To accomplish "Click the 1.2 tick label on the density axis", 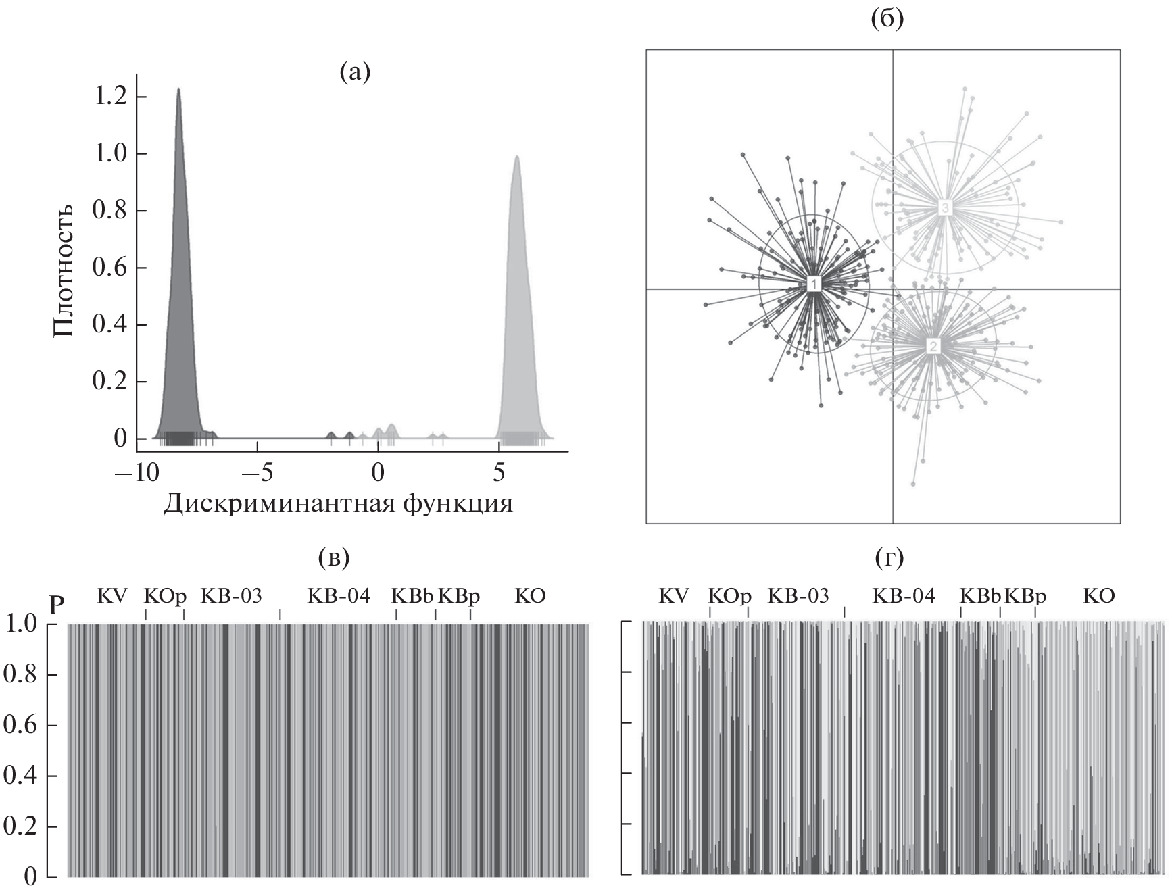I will tap(109, 97).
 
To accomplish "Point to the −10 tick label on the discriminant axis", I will tap(136, 472).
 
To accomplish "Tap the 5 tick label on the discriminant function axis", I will tap(499, 472).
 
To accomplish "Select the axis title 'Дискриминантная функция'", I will tap(338, 503).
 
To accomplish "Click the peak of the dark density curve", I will tap(178, 89).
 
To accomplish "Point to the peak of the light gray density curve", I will tap(517, 157).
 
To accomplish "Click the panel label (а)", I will tap(355, 71).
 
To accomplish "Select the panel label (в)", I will tap(333, 557).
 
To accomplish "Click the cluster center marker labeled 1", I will tap(814, 284).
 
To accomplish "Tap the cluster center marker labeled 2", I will tap(933, 347).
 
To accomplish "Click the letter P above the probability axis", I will tap(57, 606).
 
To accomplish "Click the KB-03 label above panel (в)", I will tap(231, 596).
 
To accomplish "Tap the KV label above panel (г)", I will tap(674, 596).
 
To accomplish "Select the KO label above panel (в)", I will tap(530, 596).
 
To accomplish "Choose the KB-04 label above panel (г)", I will tap(904, 596).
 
